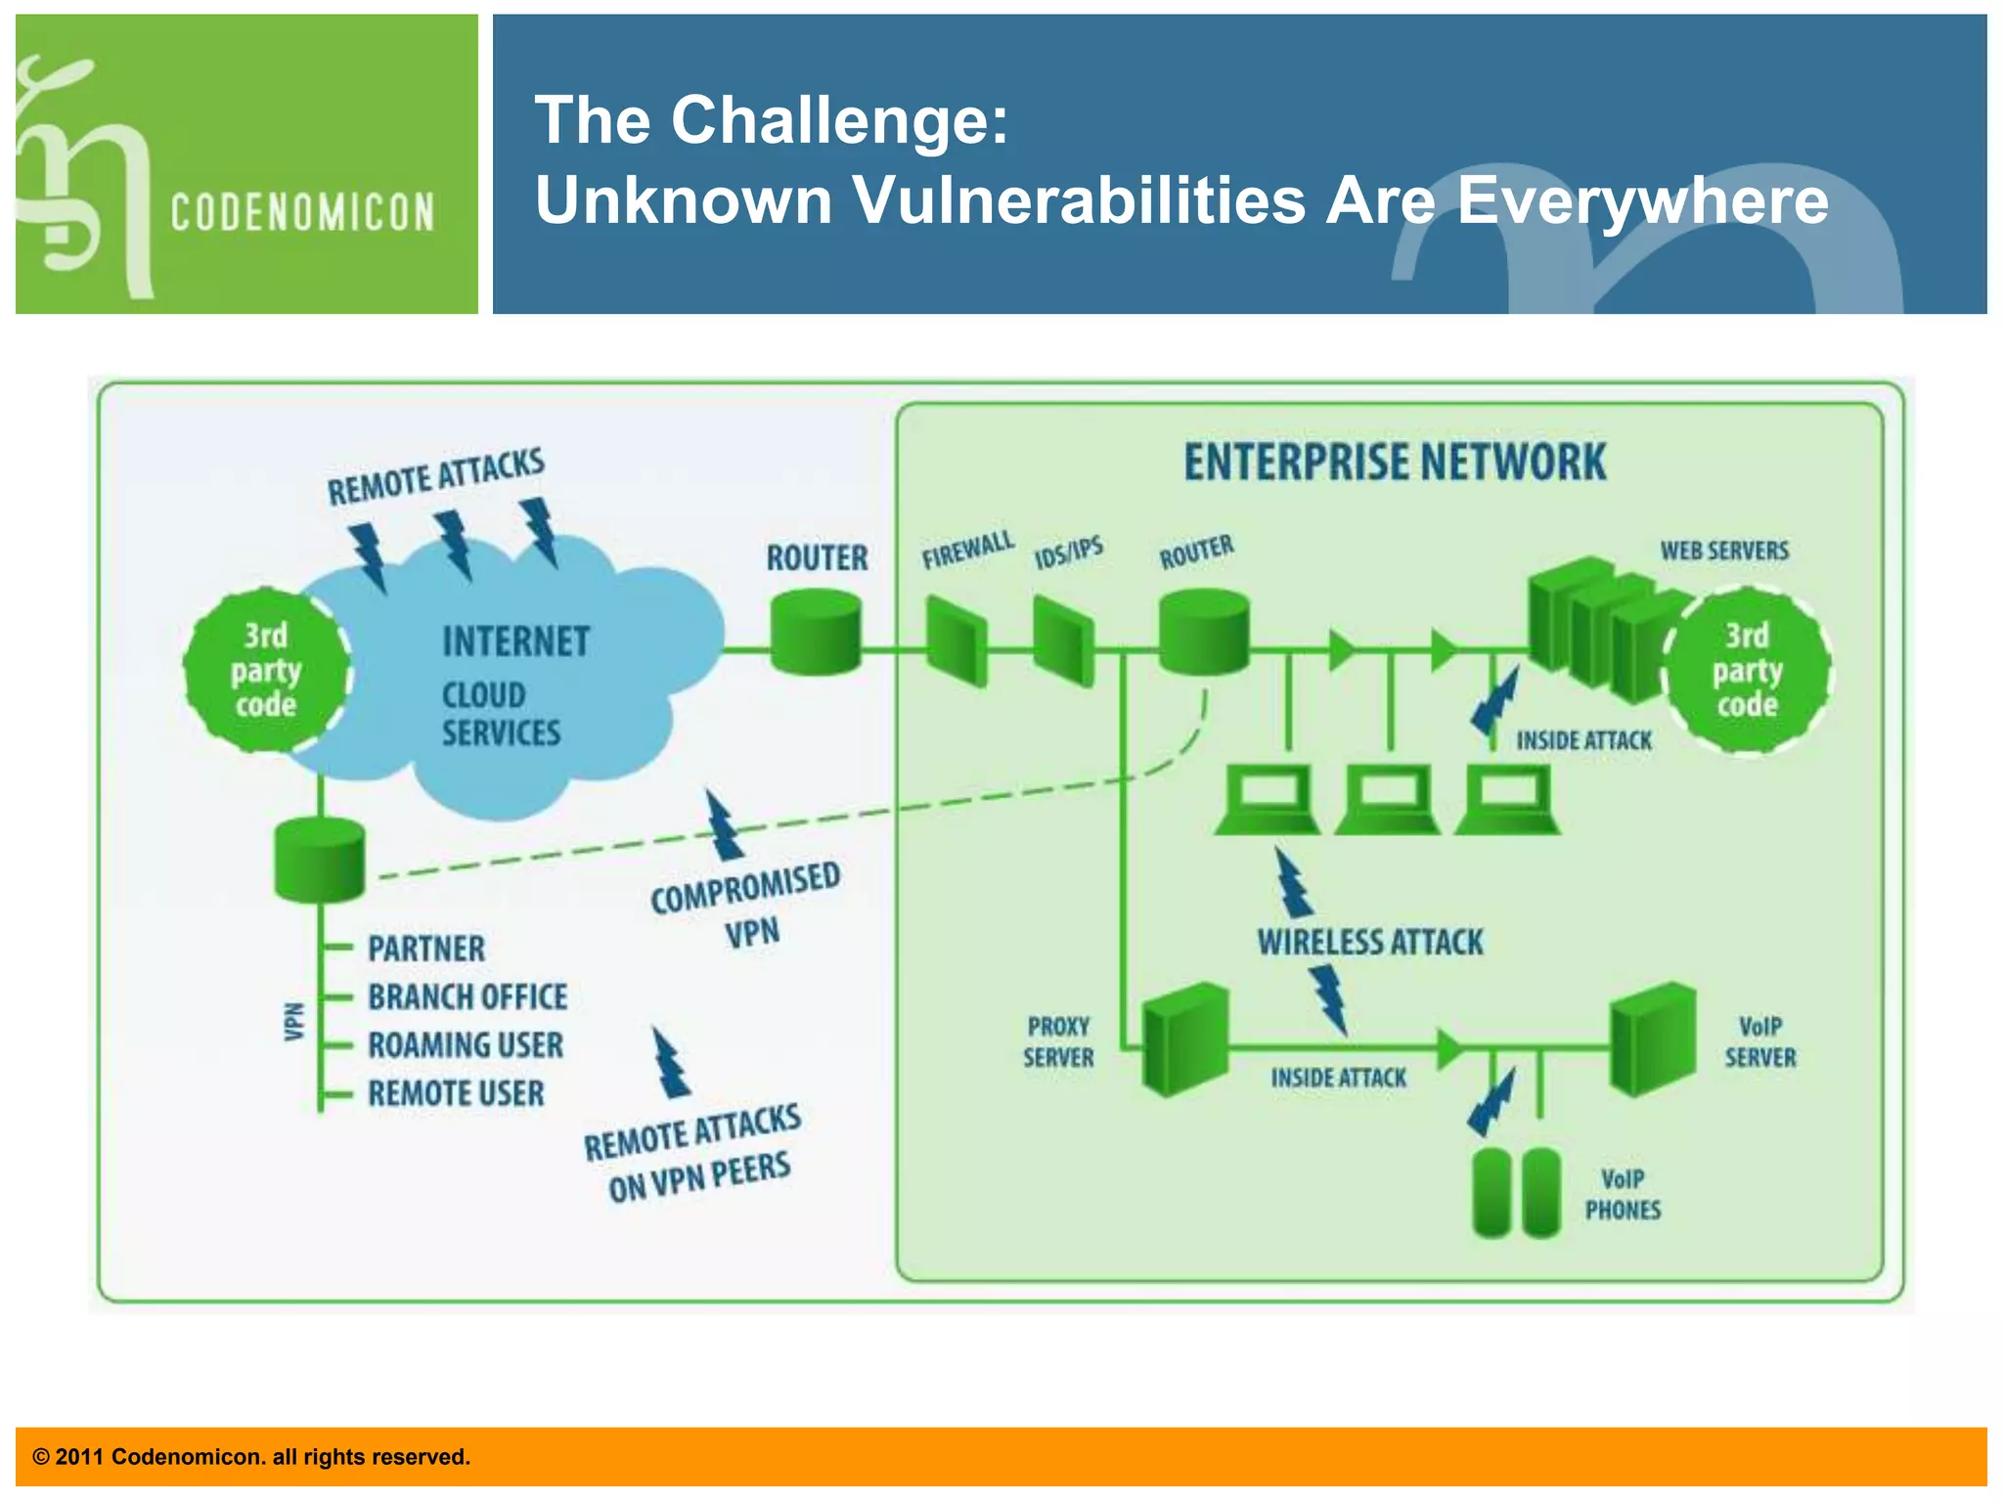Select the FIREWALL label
(x=967, y=551)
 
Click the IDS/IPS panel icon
(x=1063, y=641)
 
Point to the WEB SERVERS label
(x=1724, y=551)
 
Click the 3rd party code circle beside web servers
(x=1747, y=670)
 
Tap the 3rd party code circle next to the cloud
(x=266, y=670)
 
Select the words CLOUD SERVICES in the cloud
(x=500, y=714)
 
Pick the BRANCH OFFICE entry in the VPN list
(x=467, y=996)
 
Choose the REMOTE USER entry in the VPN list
(x=456, y=1093)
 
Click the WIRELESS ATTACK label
(x=1369, y=943)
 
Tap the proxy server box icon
(x=1184, y=1040)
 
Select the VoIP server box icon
(x=1652, y=1038)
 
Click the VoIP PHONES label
(x=1623, y=1194)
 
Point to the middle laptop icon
(x=1387, y=800)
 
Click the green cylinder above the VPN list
(x=320, y=861)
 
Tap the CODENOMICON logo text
(x=302, y=212)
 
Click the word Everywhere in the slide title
(x=1642, y=199)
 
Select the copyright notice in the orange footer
(x=251, y=1457)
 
